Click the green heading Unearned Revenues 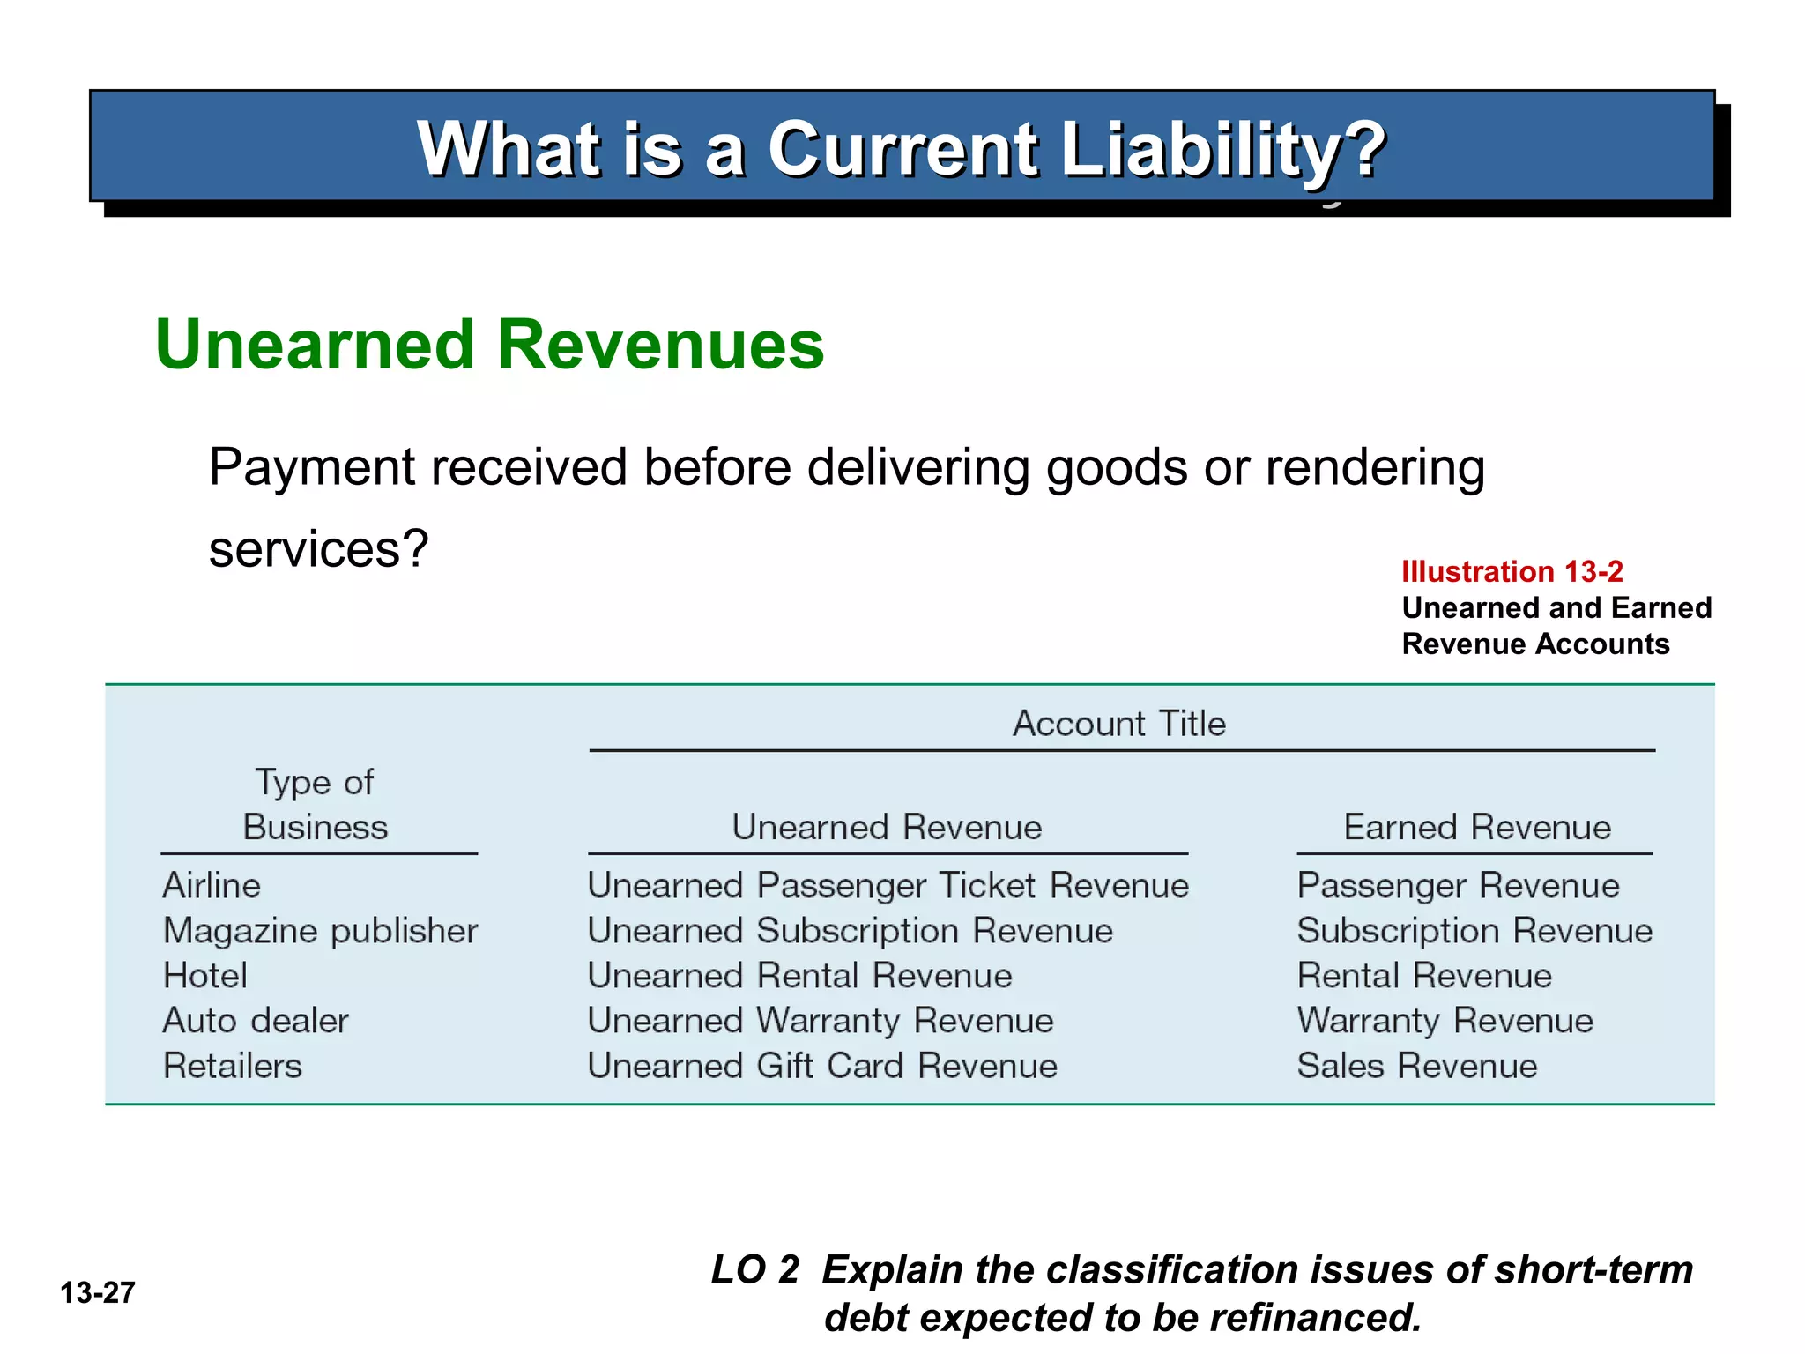(489, 345)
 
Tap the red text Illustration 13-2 (1512, 571)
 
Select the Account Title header (1118, 724)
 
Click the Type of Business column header (316, 805)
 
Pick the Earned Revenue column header (1476, 827)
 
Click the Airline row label (212, 885)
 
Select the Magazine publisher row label (320, 931)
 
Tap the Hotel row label (204, 976)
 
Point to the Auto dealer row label (256, 1021)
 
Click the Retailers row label (232, 1066)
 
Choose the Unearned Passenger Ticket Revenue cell (888, 885)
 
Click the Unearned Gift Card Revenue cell (821, 1066)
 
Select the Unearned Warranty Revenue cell (820, 1021)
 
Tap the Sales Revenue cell (1416, 1066)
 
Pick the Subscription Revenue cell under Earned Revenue (1474, 931)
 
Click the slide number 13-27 (97, 1292)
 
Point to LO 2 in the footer (754, 1269)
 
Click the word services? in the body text (318, 548)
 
